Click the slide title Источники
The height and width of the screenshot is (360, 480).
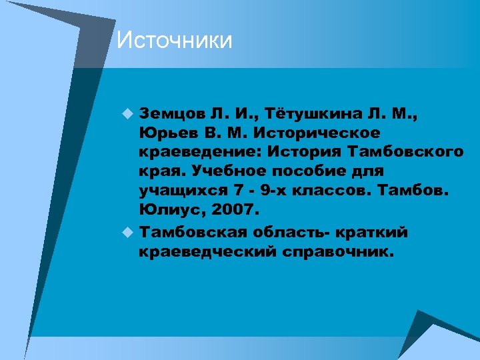point(175,41)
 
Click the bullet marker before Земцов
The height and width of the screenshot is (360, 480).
point(127,115)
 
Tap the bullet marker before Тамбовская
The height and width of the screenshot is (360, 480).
point(127,233)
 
